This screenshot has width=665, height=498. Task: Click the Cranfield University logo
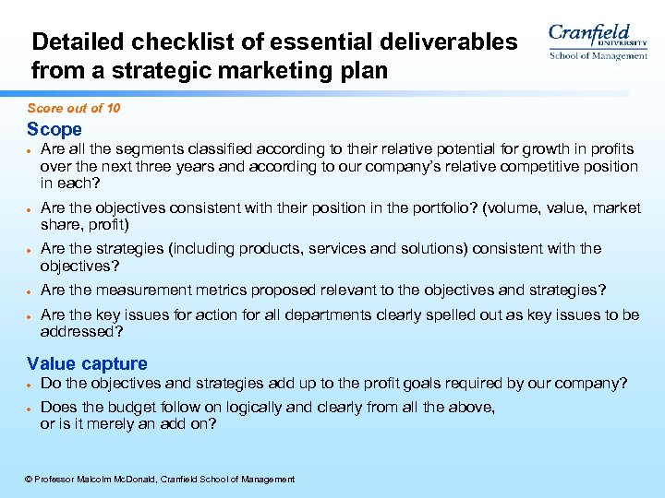(x=598, y=42)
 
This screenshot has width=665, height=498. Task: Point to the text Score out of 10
(x=74, y=109)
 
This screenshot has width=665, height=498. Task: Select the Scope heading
(x=54, y=130)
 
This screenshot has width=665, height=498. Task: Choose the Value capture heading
(x=87, y=363)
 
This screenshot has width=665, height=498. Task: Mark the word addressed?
(x=82, y=331)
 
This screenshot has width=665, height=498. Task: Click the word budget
(x=137, y=408)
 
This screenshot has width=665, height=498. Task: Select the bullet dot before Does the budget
(x=30, y=408)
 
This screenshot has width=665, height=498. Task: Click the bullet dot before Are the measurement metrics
(x=30, y=291)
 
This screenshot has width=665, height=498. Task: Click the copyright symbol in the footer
(x=29, y=480)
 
